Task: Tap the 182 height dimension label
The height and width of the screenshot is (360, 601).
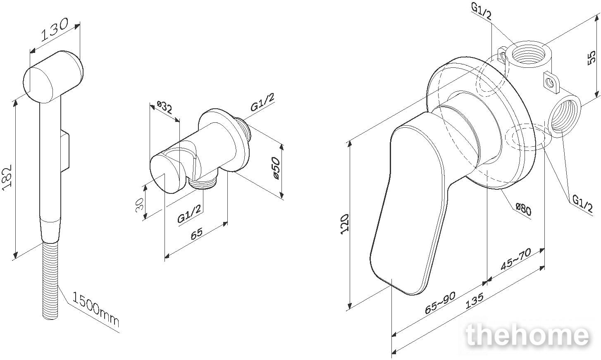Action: point(7,177)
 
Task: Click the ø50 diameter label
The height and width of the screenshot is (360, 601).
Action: point(277,168)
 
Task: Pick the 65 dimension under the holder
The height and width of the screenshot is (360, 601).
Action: point(196,233)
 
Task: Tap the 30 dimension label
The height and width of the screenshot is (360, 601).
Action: point(140,205)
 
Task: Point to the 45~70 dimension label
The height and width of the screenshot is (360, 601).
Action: point(516,260)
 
